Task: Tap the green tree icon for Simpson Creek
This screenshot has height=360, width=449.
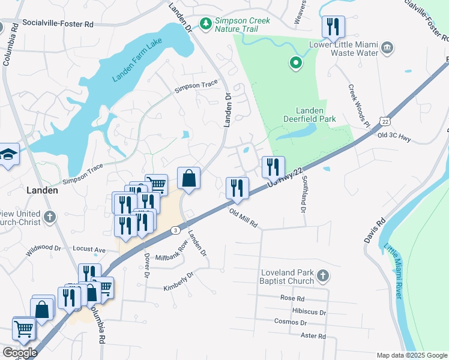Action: click(x=206, y=23)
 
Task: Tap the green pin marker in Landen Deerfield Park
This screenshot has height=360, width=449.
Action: click(x=295, y=62)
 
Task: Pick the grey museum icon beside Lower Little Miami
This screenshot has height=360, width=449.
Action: click(x=387, y=47)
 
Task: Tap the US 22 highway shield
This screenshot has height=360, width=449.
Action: click(x=384, y=122)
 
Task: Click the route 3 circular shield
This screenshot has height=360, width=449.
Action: click(x=175, y=230)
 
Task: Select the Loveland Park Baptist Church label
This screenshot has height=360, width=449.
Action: click(x=287, y=277)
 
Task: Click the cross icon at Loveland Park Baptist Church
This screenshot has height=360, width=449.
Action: click(x=323, y=276)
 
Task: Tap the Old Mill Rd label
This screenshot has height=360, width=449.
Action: click(x=243, y=217)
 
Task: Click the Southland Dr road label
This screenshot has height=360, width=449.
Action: click(x=302, y=199)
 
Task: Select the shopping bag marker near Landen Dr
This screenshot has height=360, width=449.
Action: click(x=188, y=179)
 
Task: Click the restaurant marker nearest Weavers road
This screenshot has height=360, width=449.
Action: click(x=332, y=27)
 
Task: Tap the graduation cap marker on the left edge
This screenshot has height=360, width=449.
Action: click(x=9, y=154)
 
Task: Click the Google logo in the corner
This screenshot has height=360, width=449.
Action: click(x=20, y=353)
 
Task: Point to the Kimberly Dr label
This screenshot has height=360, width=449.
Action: click(x=179, y=282)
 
